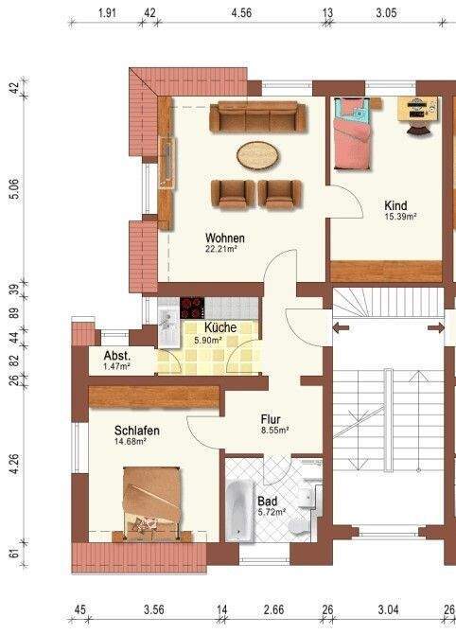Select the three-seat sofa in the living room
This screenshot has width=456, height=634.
tap(254, 118)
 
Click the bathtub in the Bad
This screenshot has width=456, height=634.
tap(237, 509)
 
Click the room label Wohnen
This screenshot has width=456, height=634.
tap(225, 238)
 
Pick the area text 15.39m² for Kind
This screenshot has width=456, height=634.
tap(399, 217)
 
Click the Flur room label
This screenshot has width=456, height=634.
tap(272, 416)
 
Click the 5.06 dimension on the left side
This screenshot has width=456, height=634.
tap(13, 189)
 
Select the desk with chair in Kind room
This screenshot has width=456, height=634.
tap(416, 111)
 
